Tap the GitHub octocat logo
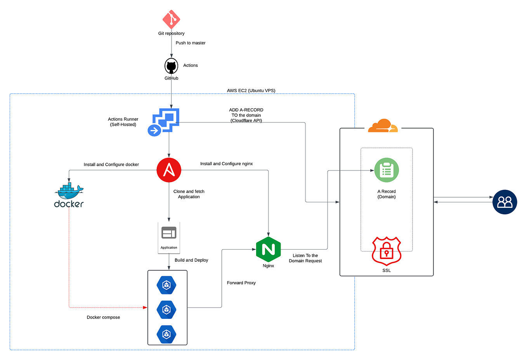(171, 66)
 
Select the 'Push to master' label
(191, 43)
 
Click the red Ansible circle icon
(169, 170)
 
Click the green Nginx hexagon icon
(268, 249)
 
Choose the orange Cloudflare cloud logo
(383, 126)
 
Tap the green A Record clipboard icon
(387, 170)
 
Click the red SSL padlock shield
(387, 251)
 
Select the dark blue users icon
(504, 202)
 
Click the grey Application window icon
(169, 233)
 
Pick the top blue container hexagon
(166, 285)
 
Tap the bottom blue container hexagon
(166, 334)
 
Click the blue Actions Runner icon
(165, 122)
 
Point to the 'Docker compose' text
(103, 317)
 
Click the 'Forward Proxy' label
(241, 283)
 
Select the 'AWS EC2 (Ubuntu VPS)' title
(251, 90)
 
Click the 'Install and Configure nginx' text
(226, 164)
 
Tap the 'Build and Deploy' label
(191, 260)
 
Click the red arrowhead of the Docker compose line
(145, 308)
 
